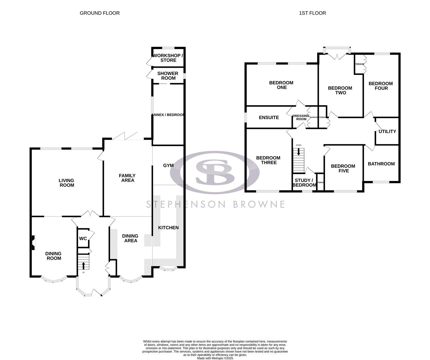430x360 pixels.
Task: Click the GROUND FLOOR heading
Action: pos(100,13)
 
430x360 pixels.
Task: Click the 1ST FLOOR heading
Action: pos(312,13)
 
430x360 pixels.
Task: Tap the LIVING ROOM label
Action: pos(67,183)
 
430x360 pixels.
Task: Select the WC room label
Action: pos(83,239)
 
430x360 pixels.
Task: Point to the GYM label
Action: pos(168,165)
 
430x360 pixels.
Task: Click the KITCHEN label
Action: pos(168,228)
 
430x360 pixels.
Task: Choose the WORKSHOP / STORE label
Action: pos(168,58)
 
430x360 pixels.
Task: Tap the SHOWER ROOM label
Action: pos(168,76)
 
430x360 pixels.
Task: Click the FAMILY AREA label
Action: pos(128,178)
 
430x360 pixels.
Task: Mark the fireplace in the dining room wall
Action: pos(33,242)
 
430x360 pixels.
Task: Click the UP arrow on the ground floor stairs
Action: pos(83,265)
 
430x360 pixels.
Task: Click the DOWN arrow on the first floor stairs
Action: pos(298,152)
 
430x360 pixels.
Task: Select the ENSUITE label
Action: pos(269,117)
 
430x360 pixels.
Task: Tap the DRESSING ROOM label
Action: pos(301,117)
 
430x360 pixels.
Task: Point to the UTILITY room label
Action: pos(387,131)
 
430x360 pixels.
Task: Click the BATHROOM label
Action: pos(381,164)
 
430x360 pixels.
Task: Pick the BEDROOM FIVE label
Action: pos(343,168)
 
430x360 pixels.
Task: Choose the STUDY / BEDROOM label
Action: pos(304,183)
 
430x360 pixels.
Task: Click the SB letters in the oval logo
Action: pos(215,172)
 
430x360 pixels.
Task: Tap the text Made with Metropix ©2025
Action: pos(215,358)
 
